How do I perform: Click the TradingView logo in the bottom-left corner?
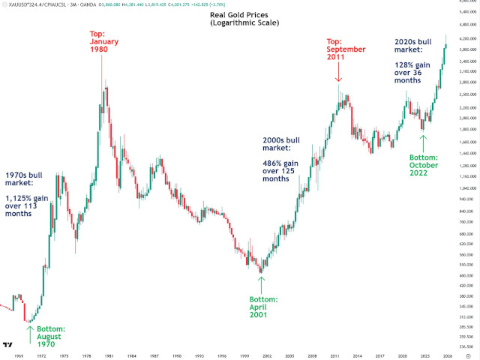click(7, 344)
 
